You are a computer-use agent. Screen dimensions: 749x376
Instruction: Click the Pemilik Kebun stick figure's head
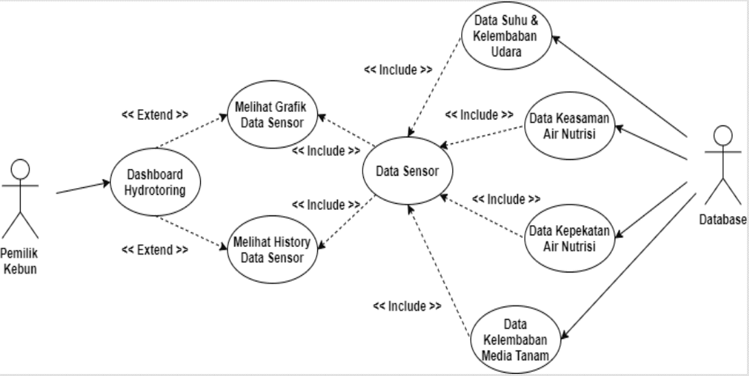tap(20, 169)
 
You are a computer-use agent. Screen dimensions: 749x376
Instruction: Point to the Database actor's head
tap(723, 135)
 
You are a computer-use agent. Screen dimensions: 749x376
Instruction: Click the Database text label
tap(723, 220)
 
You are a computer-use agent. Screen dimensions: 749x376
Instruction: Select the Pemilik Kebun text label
tap(20, 261)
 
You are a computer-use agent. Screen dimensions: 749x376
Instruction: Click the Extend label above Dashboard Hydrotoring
tap(155, 115)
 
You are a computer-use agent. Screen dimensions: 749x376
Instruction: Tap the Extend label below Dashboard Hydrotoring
tap(155, 250)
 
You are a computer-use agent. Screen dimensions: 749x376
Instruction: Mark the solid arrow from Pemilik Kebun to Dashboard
tap(83, 188)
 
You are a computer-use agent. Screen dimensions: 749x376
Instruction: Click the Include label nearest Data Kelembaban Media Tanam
tap(407, 306)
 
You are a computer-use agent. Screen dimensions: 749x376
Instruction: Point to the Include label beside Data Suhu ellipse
tap(398, 70)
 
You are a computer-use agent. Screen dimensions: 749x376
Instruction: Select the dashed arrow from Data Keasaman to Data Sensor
tap(482, 136)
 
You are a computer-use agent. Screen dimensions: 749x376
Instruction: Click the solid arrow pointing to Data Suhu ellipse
tap(619, 86)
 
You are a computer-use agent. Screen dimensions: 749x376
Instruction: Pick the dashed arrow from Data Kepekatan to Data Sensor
tap(482, 215)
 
